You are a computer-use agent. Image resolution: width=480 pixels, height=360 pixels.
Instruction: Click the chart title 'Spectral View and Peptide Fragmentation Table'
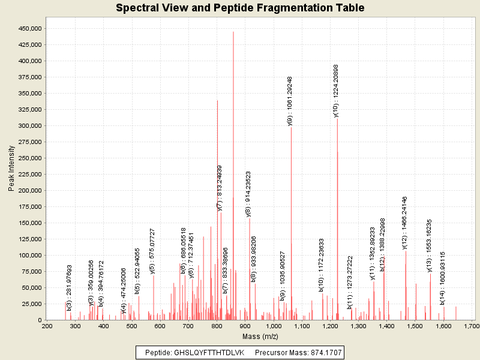[x=240, y=8]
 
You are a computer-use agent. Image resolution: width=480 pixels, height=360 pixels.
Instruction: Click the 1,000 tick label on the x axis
[x=273, y=326]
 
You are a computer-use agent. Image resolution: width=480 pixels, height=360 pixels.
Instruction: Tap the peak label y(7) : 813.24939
[x=220, y=188]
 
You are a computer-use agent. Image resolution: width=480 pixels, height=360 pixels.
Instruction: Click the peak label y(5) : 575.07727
[x=152, y=251]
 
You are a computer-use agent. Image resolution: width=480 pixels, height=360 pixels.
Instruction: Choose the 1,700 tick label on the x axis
[x=471, y=326]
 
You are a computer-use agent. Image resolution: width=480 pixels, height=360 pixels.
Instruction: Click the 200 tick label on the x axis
[x=47, y=326]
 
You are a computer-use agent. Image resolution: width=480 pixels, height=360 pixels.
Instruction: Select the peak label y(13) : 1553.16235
[x=429, y=245]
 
